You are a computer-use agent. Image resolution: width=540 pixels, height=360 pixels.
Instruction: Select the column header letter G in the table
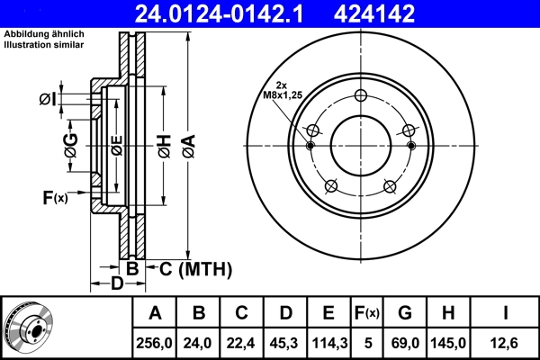click(405, 313)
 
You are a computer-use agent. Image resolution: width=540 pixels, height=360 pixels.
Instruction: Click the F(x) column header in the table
click(367, 313)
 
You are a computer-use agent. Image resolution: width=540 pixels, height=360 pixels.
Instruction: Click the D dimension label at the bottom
click(116, 284)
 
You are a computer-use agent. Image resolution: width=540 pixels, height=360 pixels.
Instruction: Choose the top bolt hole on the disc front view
click(361, 96)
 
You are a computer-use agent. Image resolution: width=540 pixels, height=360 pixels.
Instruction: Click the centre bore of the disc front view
click(361, 145)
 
